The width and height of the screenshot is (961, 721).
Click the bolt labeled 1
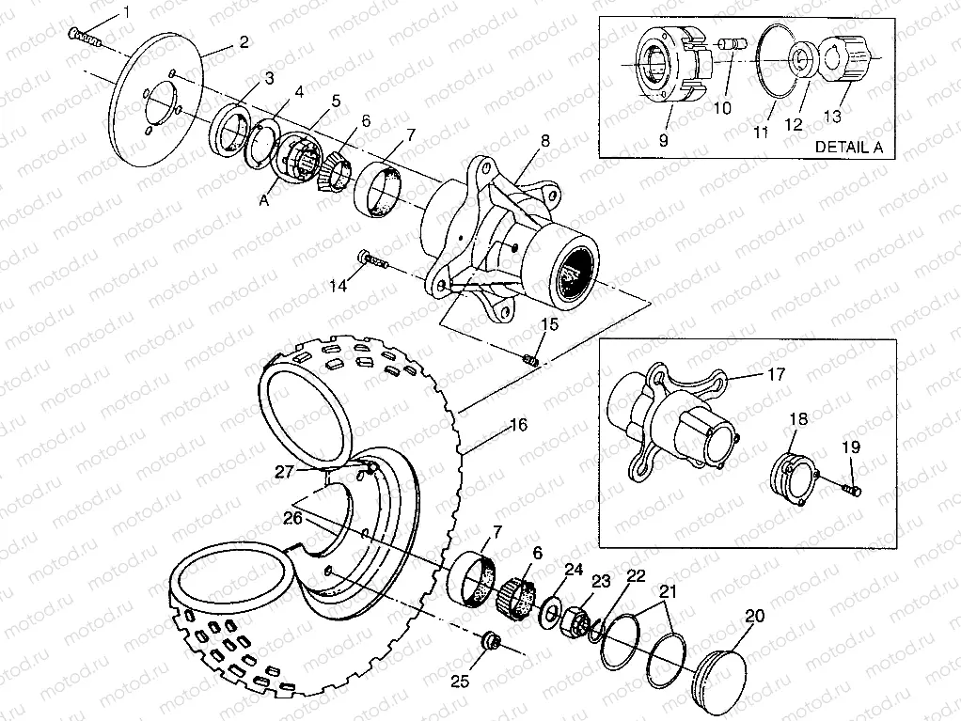pos(85,38)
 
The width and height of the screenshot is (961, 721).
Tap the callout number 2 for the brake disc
pos(243,42)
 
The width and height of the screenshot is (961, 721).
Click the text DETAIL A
pos(855,148)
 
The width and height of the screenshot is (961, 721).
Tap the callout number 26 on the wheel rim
pos(293,518)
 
